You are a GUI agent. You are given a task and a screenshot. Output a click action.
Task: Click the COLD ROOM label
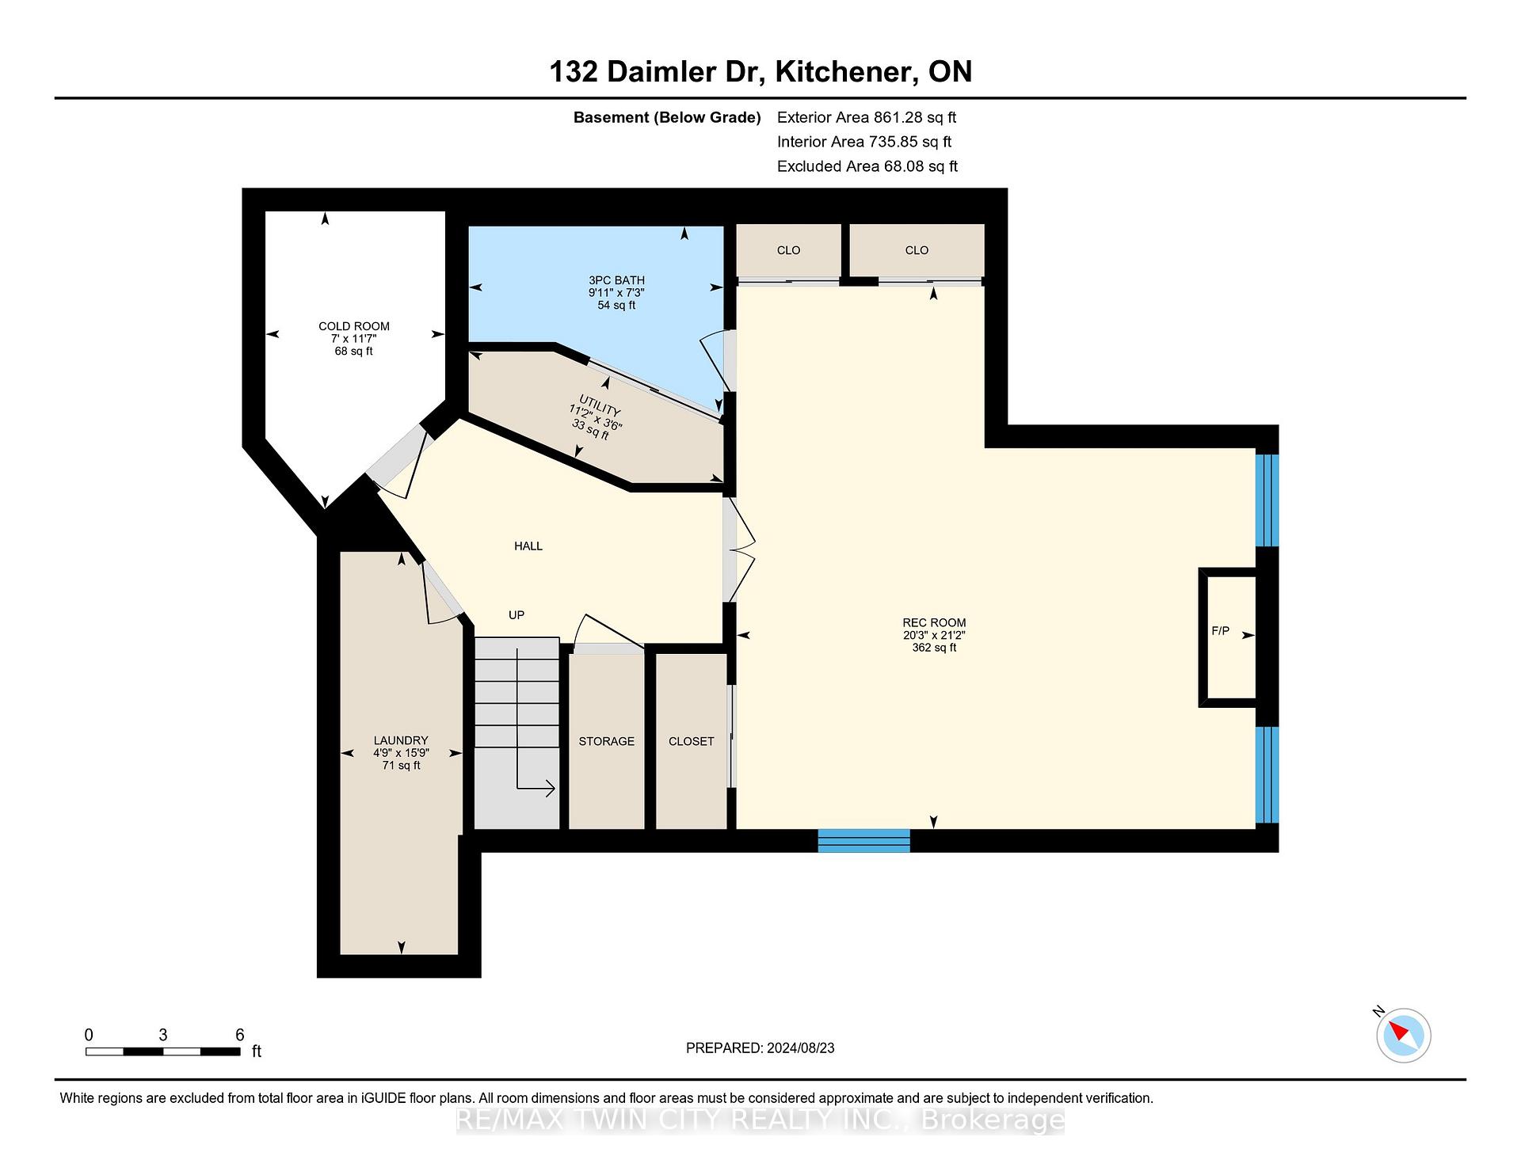354,326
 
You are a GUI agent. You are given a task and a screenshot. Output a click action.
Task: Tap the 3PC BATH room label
616,280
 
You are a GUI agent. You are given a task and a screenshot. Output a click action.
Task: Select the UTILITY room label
599,409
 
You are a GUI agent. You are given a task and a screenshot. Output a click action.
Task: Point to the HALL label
528,546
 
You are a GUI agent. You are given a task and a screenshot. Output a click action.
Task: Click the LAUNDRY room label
401,740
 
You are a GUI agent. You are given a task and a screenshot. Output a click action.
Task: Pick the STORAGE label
607,741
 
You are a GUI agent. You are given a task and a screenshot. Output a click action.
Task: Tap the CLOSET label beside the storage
692,741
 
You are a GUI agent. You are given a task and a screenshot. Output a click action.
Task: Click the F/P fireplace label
1220,631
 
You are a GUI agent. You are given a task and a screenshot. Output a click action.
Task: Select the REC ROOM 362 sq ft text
934,648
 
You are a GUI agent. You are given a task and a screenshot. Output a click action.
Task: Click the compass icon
1404,1035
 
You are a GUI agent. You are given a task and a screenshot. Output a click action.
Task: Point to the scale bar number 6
240,1035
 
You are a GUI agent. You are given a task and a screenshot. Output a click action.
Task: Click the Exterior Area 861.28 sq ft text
867,117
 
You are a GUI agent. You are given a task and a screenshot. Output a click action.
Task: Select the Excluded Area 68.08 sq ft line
867,166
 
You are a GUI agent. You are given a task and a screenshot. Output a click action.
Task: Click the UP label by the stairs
517,614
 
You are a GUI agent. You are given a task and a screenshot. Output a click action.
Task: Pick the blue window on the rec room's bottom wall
863,840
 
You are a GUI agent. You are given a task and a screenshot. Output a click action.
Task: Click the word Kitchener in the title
842,72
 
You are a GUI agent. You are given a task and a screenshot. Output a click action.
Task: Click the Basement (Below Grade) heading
667,117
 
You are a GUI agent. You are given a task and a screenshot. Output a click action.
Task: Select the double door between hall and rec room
739,548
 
